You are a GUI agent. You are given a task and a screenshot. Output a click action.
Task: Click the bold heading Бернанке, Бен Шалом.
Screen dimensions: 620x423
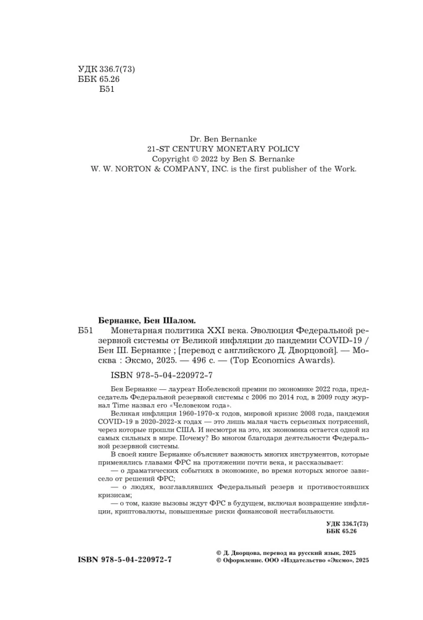(146, 321)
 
